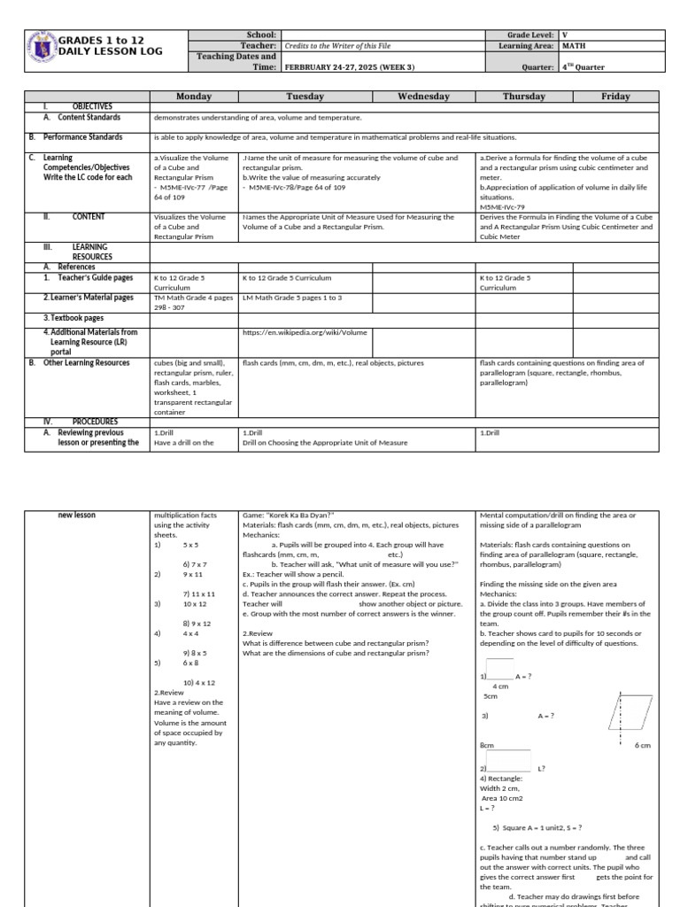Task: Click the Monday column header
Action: click(194, 97)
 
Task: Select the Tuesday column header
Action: click(305, 97)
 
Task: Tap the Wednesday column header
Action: click(423, 97)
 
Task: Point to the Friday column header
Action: click(615, 97)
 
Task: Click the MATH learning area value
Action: click(573, 45)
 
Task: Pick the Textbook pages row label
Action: click(73, 317)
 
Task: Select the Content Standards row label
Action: click(89, 117)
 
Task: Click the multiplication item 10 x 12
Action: click(194, 603)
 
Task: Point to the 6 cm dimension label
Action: click(643, 746)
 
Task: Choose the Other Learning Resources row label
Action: click(86, 362)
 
